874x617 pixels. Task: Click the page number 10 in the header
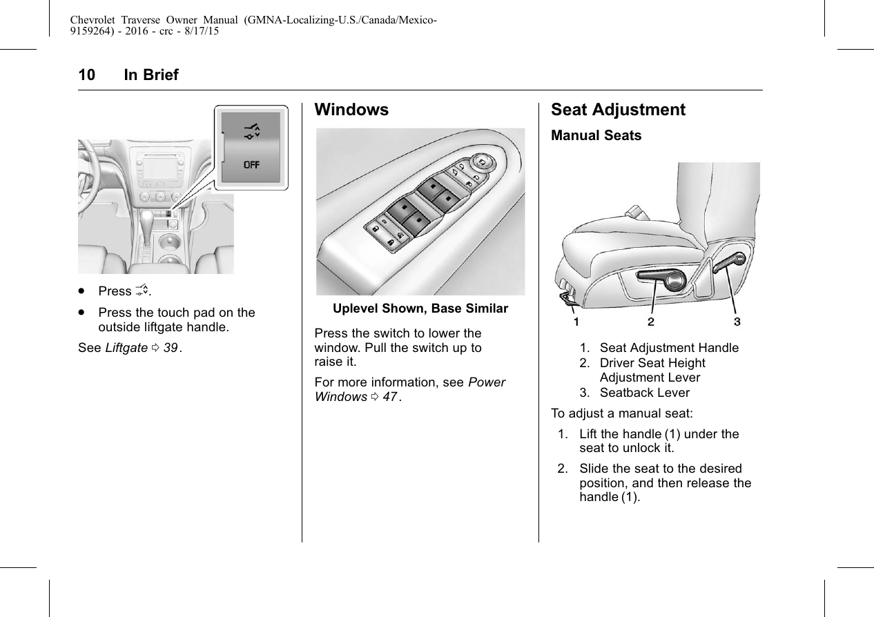click(x=86, y=75)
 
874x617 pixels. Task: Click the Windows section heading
click(x=351, y=110)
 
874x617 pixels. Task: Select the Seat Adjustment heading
click(x=618, y=110)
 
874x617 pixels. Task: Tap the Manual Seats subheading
click(x=596, y=135)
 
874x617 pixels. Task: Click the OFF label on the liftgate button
click(x=251, y=165)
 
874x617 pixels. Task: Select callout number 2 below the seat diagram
click(x=651, y=322)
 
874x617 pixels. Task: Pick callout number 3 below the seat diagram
click(x=737, y=322)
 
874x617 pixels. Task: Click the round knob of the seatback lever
click(x=739, y=260)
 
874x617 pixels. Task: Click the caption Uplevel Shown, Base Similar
click(x=420, y=308)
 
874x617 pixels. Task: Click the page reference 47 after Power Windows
click(x=391, y=397)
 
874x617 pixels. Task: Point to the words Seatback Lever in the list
click(x=644, y=393)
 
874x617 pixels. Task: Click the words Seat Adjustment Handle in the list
click(x=669, y=348)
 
